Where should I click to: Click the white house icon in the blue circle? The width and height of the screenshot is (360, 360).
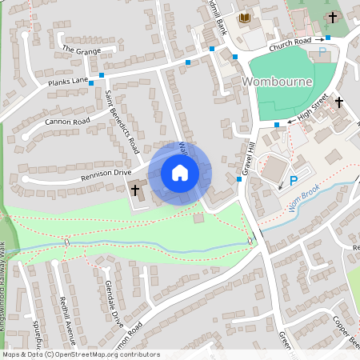(x=180, y=172)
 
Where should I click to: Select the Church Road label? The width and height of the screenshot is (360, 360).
(x=290, y=43)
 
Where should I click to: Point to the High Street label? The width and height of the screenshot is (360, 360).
(x=313, y=111)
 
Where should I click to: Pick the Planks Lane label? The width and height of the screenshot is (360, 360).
(x=68, y=81)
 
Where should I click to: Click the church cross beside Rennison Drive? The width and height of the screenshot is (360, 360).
(x=135, y=190)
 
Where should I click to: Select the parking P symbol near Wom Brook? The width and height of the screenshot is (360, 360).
(x=293, y=181)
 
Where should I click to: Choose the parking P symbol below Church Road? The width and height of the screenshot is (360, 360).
(x=323, y=51)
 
